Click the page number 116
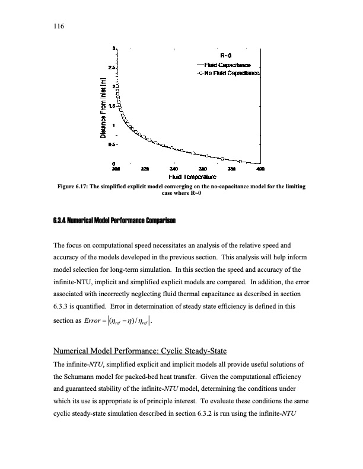(58, 26)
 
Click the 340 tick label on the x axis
(174, 169)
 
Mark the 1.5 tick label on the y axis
(112, 105)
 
